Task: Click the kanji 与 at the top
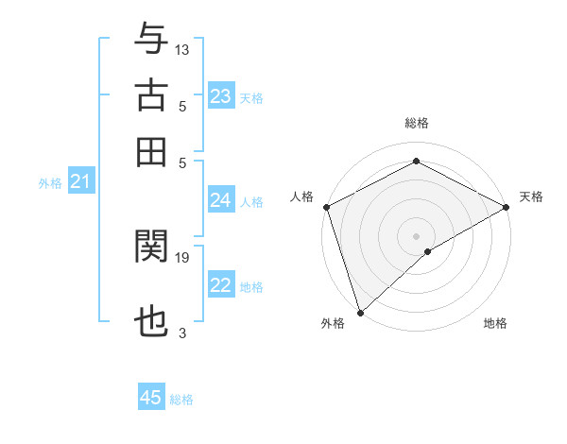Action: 151,39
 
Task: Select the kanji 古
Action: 151,96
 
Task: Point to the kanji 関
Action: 151,248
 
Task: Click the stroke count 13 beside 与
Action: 183,49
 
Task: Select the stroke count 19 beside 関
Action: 183,257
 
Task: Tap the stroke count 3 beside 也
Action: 182,333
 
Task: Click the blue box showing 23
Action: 221,96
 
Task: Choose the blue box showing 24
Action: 221,200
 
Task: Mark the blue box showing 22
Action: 221,285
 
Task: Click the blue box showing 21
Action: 80,181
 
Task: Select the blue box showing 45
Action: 151,398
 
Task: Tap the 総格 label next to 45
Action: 181,400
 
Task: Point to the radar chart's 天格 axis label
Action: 531,196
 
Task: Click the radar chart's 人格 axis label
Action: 302,196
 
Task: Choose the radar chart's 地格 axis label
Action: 495,324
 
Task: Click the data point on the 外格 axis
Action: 360,312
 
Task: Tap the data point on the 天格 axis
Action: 507,207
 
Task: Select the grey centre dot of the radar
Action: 416,235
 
